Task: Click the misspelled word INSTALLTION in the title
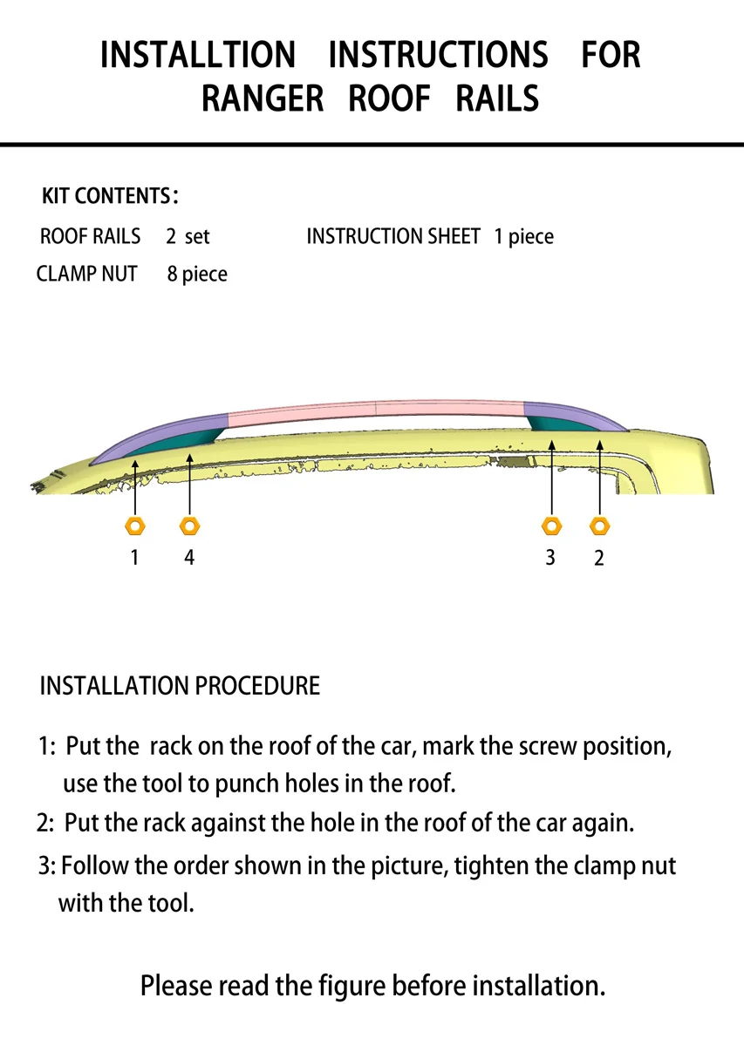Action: pos(198,56)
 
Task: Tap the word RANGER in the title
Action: pos(263,98)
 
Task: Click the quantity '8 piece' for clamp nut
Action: pos(197,275)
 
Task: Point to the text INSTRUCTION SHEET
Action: pos(393,236)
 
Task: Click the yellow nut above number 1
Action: pos(135,526)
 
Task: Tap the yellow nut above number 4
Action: pos(190,526)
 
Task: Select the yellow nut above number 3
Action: pos(551,526)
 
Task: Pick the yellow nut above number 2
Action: pos(599,526)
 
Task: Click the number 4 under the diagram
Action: pos(189,557)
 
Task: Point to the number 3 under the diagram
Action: pos(550,557)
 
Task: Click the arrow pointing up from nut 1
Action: pos(135,488)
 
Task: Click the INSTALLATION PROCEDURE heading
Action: pos(180,686)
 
